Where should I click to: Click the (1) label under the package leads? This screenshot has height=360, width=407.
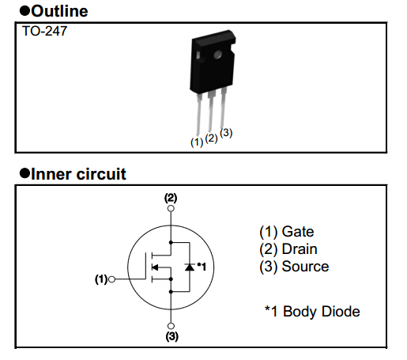pyautogui.click(x=197, y=142)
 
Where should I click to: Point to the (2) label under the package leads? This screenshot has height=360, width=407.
pyautogui.click(x=211, y=138)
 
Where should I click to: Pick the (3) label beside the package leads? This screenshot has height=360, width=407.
pyautogui.click(x=226, y=133)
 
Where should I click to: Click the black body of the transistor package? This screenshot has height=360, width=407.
pyautogui.click(x=212, y=67)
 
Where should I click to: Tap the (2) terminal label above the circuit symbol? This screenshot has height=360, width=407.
pyautogui.click(x=170, y=197)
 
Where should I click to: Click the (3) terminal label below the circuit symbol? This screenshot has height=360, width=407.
pyautogui.click(x=170, y=335)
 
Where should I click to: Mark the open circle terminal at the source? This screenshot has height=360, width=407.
pyautogui.click(x=170, y=324)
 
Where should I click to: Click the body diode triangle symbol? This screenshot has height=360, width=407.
pyautogui.click(x=189, y=267)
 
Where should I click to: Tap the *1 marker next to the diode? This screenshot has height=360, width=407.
pyautogui.click(x=202, y=267)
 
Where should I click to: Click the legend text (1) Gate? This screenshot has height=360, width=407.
pyautogui.click(x=286, y=232)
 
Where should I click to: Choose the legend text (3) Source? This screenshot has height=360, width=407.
pyautogui.click(x=294, y=267)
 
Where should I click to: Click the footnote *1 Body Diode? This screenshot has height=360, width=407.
pyautogui.click(x=311, y=311)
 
